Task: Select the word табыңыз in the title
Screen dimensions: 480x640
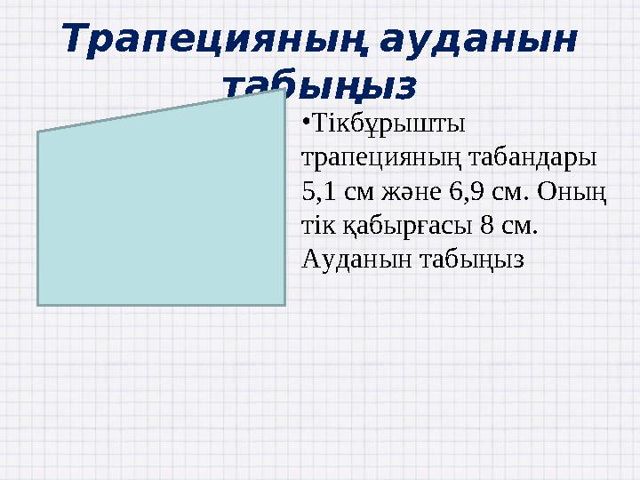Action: pyautogui.click(x=318, y=86)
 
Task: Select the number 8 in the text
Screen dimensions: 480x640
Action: pyautogui.click(x=484, y=225)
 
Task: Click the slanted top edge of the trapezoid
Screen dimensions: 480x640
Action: pyautogui.click(x=160, y=111)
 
